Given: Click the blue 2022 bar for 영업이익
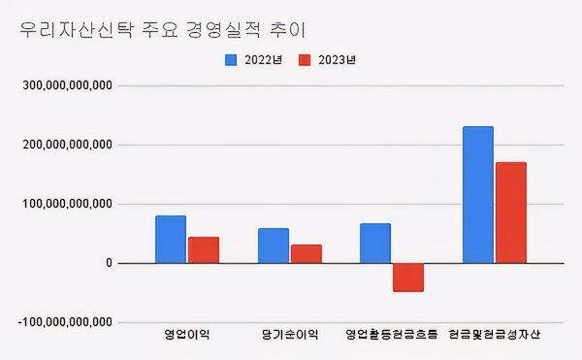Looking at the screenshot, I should (x=171, y=240).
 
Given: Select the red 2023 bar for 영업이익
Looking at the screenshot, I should (x=204, y=250).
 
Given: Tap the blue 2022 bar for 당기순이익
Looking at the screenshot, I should (x=274, y=245).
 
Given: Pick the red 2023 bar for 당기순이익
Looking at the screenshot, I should (x=307, y=254).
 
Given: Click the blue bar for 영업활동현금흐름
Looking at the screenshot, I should (x=375, y=244).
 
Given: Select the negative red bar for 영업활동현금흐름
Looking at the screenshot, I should (x=408, y=277).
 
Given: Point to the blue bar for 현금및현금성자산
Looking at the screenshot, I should (x=478, y=195).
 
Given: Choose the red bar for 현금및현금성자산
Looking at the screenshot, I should (x=511, y=213).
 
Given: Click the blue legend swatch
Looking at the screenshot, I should (x=231, y=60).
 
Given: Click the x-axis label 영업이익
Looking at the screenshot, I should (x=187, y=336).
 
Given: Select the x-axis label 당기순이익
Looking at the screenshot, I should (x=290, y=336).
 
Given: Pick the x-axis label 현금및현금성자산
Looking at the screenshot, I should (x=495, y=336).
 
